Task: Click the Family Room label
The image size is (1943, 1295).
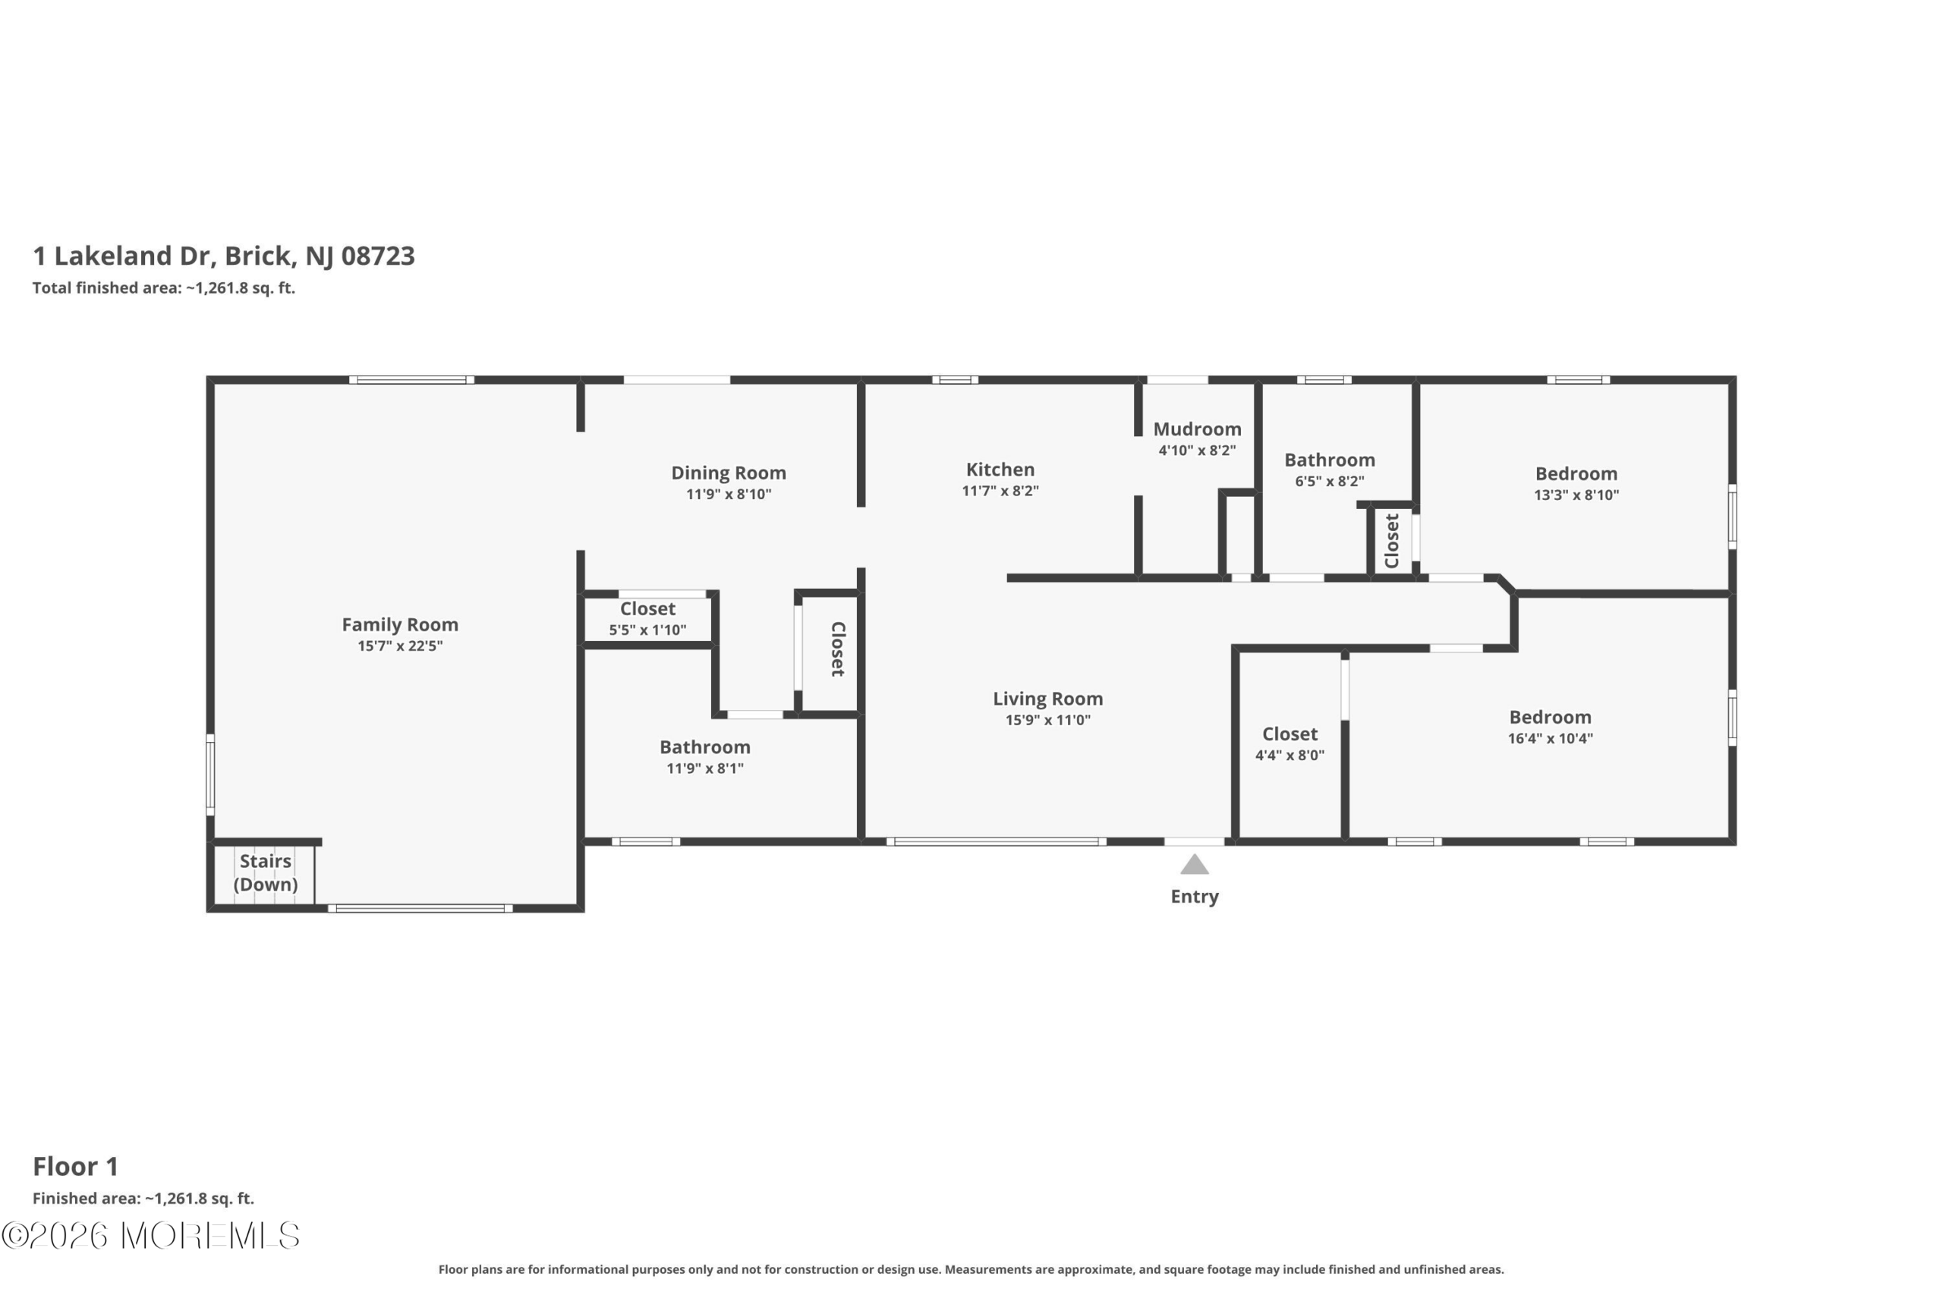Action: (400, 625)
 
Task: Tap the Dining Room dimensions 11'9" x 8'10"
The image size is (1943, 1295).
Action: (729, 495)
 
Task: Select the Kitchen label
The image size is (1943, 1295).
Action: (1000, 470)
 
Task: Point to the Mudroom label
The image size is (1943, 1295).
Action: (1197, 429)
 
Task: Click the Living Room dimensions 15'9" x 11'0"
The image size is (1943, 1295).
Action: (1047, 720)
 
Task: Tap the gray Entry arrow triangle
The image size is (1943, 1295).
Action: (1195, 865)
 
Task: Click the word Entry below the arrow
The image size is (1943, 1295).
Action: (1195, 897)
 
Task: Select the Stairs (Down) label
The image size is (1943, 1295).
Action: (265, 873)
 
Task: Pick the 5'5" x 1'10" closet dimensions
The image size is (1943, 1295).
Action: (647, 630)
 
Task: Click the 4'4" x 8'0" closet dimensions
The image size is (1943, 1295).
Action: (1290, 756)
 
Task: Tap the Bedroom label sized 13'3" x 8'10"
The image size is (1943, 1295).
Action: (1576, 474)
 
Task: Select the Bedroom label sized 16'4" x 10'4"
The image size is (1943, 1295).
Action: (1550, 718)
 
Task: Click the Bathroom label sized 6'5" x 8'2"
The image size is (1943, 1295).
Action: (1329, 460)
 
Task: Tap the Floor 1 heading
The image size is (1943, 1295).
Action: (76, 1167)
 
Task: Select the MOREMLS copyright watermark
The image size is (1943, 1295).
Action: (150, 1237)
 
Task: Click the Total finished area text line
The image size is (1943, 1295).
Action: (164, 288)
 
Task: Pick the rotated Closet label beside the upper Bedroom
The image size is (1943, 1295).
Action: (1392, 541)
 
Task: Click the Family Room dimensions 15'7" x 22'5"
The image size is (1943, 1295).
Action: (400, 646)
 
